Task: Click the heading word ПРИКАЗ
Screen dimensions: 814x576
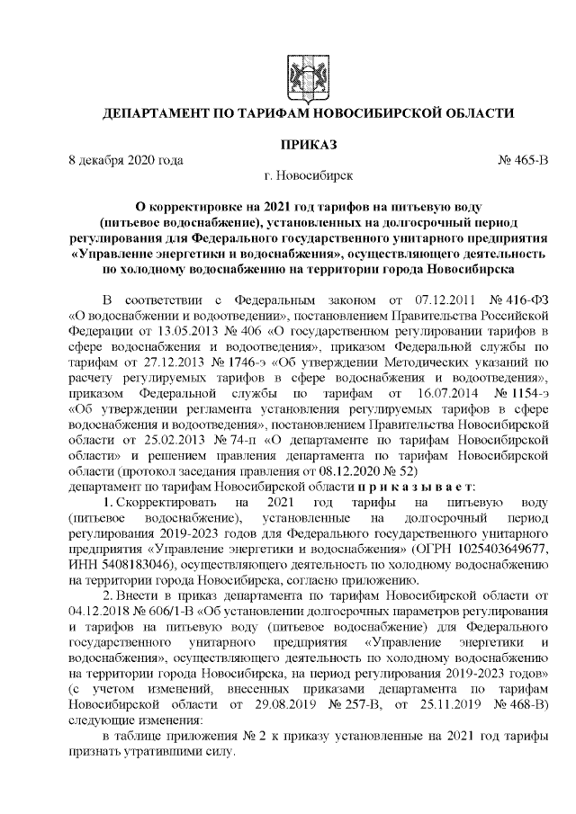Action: pyautogui.click(x=310, y=145)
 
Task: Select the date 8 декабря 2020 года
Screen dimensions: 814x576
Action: pyautogui.click(x=126, y=160)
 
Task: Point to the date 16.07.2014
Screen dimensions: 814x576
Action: pyautogui.click(x=438, y=392)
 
